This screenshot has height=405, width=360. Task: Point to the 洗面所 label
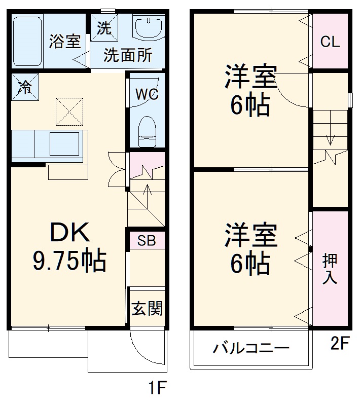pos(128,55)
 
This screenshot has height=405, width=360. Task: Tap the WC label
pos(147,94)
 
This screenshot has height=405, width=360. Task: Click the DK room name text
pos(69,234)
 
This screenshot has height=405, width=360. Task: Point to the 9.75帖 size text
pos(69,261)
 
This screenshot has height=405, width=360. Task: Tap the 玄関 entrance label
pos(147,308)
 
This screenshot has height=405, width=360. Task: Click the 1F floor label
pos(158,389)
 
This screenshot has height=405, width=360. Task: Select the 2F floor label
pos(340,344)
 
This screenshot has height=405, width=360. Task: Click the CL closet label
pos(330,42)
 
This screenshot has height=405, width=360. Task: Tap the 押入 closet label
pos(330,269)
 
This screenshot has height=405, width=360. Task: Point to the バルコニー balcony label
pos(250,349)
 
